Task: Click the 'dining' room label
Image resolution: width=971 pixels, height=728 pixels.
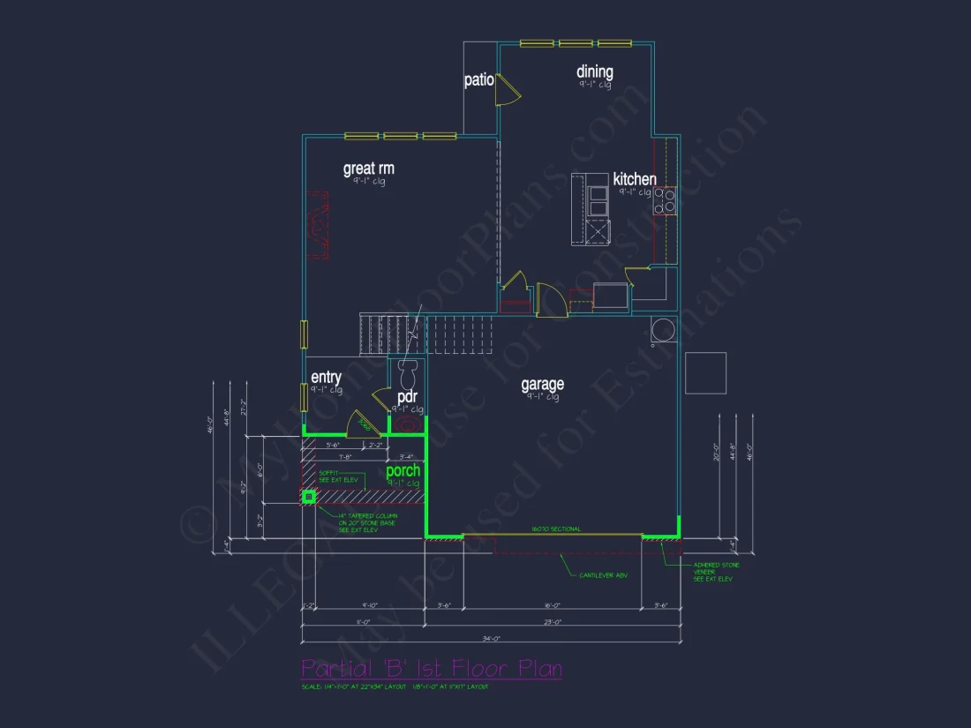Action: [x=595, y=72]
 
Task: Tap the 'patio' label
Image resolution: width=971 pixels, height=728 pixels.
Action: [x=478, y=80]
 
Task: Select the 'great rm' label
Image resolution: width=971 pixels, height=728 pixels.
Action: [x=368, y=168]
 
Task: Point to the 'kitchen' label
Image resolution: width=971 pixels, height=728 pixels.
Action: [x=635, y=179]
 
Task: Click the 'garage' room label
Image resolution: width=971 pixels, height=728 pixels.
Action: [x=542, y=384]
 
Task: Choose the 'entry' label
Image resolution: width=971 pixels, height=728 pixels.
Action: [x=326, y=378]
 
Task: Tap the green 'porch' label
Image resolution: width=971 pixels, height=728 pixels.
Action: [x=403, y=470]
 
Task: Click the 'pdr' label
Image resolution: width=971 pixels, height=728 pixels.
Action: [x=407, y=397]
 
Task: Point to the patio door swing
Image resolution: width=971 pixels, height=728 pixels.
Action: [x=506, y=91]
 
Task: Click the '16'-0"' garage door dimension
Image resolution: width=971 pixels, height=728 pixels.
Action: [x=551, y=606]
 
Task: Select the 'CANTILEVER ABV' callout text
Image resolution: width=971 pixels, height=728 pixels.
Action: [x=603, y=575]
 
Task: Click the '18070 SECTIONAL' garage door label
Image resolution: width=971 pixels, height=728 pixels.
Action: [x=556, y=529]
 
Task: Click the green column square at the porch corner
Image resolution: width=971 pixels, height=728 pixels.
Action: [x=309, y=497]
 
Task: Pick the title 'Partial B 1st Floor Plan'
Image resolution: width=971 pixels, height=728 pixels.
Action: [x=432, y=668]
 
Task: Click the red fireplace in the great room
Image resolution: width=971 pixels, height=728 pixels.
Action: [x=317, y=224]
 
